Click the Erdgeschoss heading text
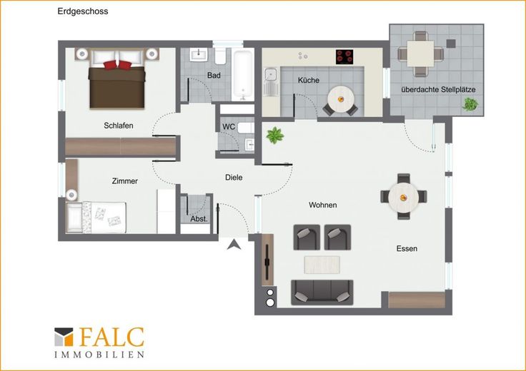tap(83, 11)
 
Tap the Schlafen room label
tap(119, 126)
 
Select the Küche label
tap(309, 80)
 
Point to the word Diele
tap(234, 178)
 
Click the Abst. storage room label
tap(199, 219)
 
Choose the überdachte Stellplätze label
tap(438, 89)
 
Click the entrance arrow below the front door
tap(234, 245)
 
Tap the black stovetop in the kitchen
tap(344, 56)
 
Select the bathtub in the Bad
tap(243, 75)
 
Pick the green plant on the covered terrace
tap(470, 104)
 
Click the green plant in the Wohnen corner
tap(275, 136)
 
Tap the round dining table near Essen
tap(404, 198)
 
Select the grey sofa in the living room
tap(322, 292)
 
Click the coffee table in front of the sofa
tap(322, 265)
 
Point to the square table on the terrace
tap(420, 54)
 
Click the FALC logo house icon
tap(64, 337)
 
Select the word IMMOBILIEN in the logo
tap(99, 355)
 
